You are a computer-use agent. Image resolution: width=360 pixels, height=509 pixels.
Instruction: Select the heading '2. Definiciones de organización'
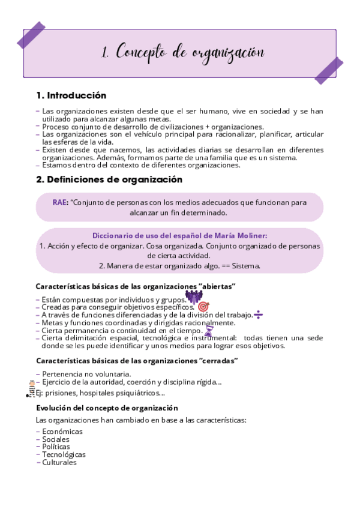coord(109,179)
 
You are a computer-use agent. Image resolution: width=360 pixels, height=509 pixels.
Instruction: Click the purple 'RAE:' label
coord(60,202)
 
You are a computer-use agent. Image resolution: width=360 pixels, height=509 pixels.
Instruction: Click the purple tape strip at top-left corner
coord(31,35)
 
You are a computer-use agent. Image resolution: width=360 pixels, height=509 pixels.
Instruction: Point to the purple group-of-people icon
coord(193,297)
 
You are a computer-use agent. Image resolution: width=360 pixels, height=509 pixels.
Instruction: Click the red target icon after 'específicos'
coord(203,306)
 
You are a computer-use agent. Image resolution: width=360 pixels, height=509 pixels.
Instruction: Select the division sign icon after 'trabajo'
coord(258,314)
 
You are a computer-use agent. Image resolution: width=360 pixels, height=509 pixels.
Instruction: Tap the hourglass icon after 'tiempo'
coord(209,330)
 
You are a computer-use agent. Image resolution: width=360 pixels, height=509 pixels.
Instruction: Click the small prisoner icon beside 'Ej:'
coord(32,388)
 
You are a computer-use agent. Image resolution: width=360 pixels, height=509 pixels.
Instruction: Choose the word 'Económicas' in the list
coord(62,431)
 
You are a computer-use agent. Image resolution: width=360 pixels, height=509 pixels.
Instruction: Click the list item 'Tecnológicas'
coord(64,454)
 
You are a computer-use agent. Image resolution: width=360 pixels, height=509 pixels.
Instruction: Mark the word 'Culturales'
coord(59,462)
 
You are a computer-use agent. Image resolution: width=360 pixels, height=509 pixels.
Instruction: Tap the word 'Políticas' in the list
coord(56,447)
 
